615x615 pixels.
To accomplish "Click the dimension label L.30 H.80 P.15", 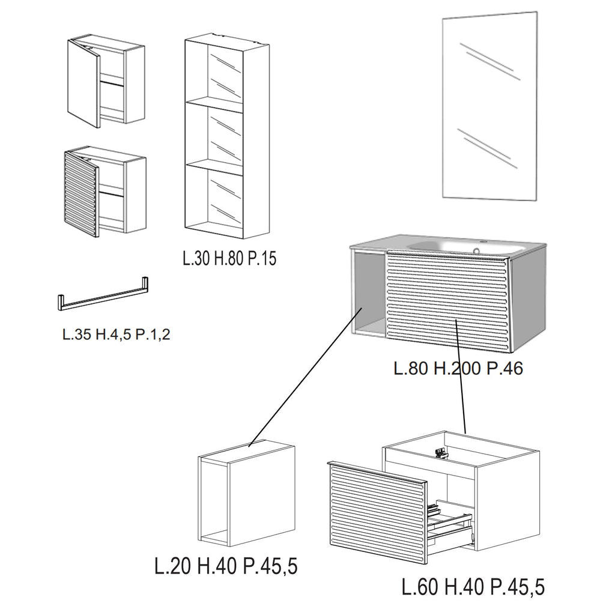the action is [229, 258].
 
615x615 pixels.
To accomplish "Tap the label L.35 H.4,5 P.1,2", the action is [117, 335].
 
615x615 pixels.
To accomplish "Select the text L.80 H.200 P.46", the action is [458, 368].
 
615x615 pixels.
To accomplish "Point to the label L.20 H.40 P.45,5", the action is [226, 566].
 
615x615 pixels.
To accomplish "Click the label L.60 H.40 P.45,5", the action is [473, 587].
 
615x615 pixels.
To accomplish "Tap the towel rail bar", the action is [103, 295].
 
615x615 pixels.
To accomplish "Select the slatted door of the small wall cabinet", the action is [80, 194].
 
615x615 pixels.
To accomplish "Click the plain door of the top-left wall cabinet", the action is [83, 83].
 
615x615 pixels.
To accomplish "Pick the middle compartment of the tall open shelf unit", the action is [215, 135].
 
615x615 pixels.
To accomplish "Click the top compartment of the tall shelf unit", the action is [215, 72].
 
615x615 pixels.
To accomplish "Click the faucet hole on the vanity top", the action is [476, 250].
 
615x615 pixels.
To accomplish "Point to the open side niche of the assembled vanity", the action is [368, 293].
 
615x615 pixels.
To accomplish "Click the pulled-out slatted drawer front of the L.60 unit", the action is [377, 512].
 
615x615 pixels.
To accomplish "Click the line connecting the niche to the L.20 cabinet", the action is [306, 377].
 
